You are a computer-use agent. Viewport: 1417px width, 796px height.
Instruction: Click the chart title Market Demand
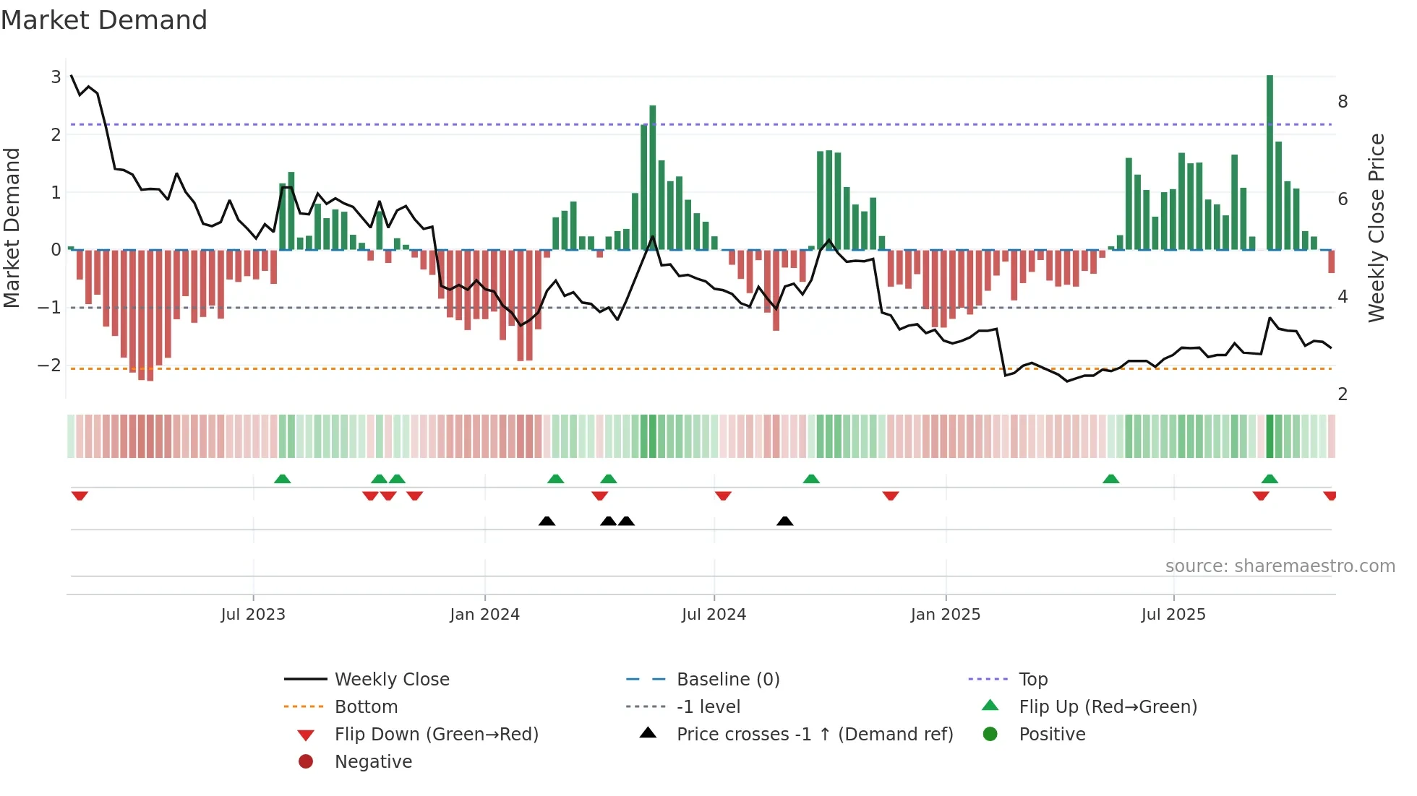tap(104, 20)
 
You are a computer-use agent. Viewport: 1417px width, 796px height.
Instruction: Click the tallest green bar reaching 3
tap(1270, 163)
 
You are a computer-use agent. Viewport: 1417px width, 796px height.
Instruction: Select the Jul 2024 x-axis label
tap(714, 615)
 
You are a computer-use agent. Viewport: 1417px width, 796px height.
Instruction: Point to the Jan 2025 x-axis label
tap(945, 615)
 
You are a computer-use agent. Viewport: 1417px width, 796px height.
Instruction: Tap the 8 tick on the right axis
tap(1343, 102)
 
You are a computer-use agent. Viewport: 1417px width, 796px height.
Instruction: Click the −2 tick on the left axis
tap(50, 365)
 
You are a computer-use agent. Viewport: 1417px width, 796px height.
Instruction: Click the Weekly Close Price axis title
tap(1377, 228)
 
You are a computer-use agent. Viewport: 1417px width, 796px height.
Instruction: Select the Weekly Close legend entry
tap(391, 680)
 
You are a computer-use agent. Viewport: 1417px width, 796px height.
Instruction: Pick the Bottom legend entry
tap(366, 707)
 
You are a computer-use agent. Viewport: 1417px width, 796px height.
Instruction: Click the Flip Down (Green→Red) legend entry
tap(436, 735)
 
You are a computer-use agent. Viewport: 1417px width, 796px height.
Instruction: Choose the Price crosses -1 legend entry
tap(814, 735)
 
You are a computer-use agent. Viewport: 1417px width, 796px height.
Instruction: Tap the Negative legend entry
tap(373, 762)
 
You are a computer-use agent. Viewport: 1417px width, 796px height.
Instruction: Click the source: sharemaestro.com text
tap(1280, 566)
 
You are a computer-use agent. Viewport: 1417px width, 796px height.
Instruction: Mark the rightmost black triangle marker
tap(784, 521)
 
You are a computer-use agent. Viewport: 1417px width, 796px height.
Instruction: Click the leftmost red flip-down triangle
tap(80, 496)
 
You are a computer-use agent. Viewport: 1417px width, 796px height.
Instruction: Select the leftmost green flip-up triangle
tap(283, 479)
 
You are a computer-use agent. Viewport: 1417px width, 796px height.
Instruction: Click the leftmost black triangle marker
tap(547, 521)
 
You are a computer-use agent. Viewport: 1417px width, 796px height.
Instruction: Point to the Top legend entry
tap(1032, 680)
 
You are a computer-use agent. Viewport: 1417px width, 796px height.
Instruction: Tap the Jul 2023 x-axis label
tap(253, 615)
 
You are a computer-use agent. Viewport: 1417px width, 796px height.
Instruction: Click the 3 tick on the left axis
tap(56, 77)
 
